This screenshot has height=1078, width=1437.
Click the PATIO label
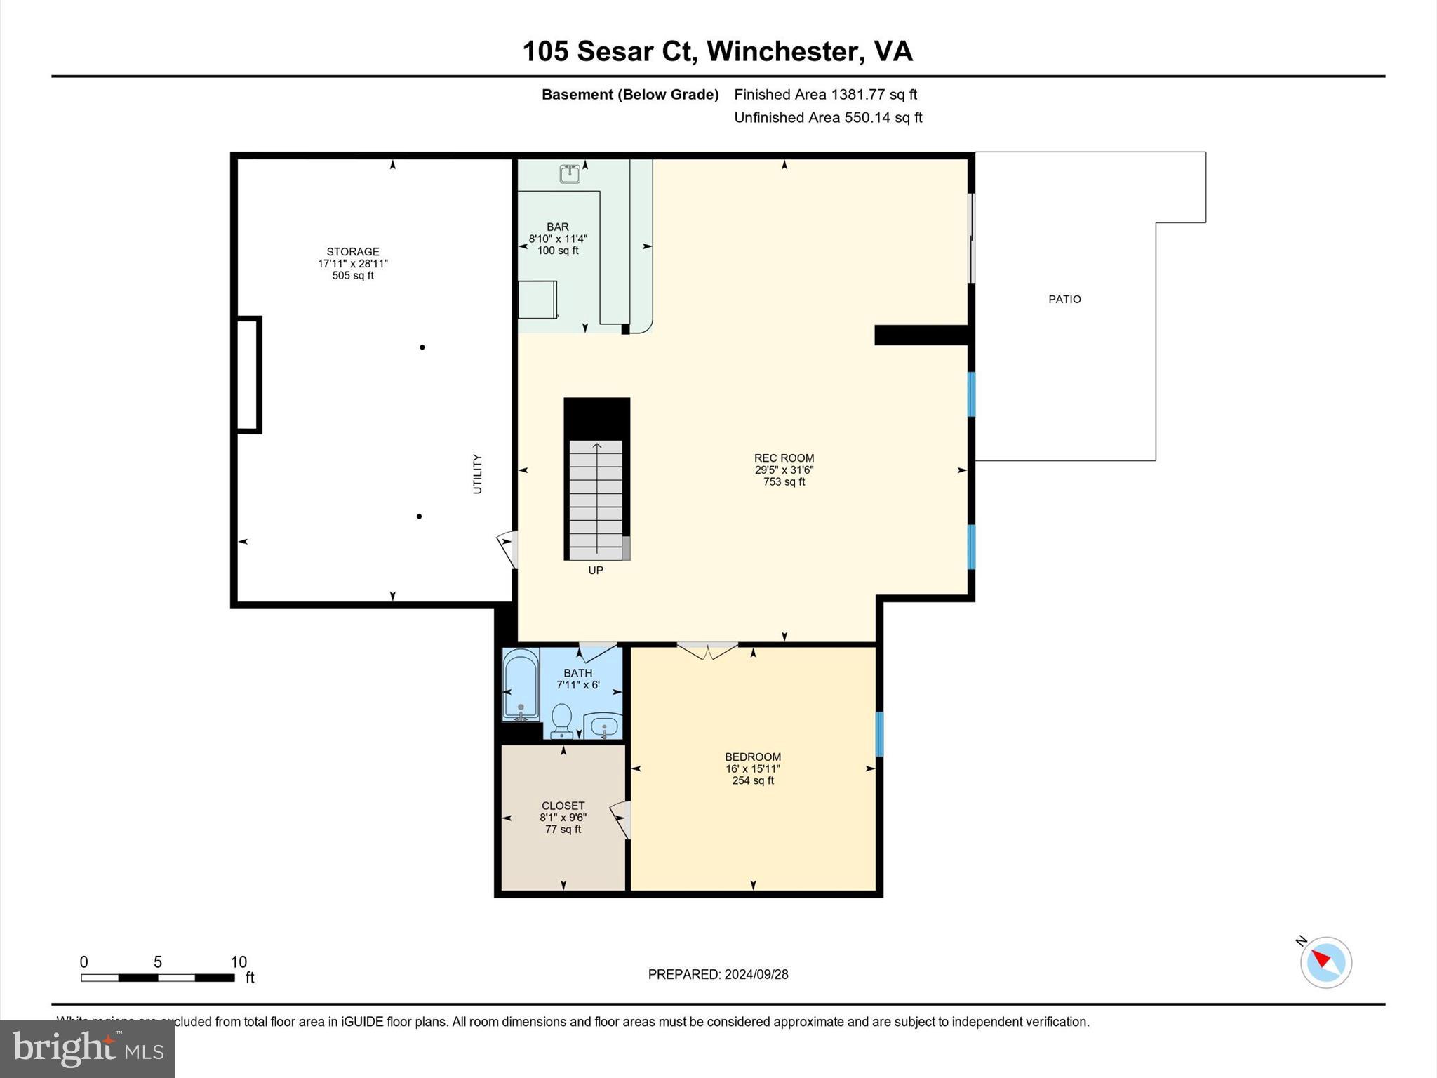pyautogui.click(x=1064, y=300)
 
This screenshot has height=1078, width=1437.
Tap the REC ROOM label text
pyautogui.click(x=784, y=458)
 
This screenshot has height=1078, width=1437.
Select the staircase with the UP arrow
pyautogui.click(x=596, y=498)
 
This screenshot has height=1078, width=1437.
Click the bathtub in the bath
pyautogui.click(x=521, y=685)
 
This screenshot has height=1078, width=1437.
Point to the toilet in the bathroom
pyautogui.click(x=561, y=720)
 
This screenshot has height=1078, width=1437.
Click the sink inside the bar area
pyautogui.click(x=570, y=173)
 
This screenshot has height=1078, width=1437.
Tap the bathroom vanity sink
pyautogui.click(x=603, y=725)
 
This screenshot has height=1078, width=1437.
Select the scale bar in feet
pyautogui.click(x=158, y=977)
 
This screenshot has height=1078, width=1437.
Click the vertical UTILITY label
pyautogui.click(x=477, y=474)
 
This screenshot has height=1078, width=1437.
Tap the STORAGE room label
pyautogui.click(x=352, y=252)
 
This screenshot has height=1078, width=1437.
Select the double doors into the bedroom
pyautogui.click(x=707, y=651)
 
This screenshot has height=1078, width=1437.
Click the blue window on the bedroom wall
pyautogui.click(x=879, y=734)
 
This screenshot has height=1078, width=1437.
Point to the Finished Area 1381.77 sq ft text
pyautogui.click(x=825, y=95)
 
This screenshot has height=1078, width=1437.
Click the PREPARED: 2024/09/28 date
pyautogui.click(x=718, y=974)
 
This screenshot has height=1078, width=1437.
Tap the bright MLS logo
pyautogui.click(x=88, y=1049)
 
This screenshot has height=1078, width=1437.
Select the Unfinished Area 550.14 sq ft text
pyautogui.click(x=828, y=118)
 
